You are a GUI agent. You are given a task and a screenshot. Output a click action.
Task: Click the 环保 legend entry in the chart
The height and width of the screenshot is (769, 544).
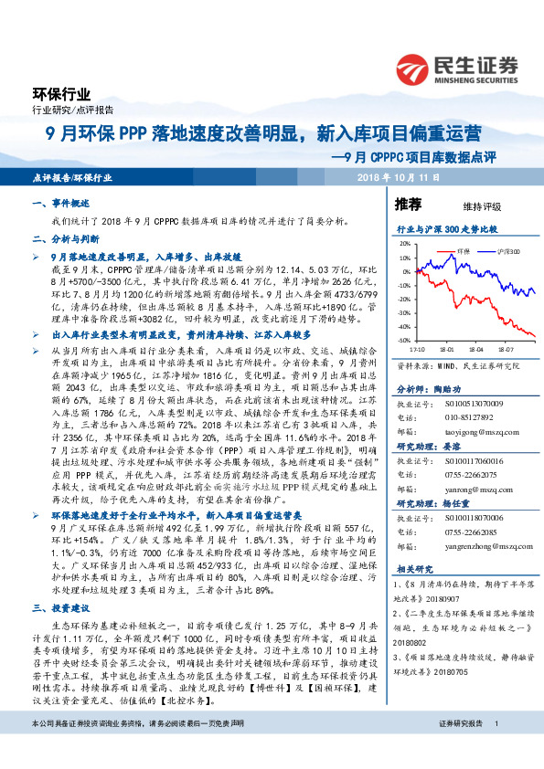462,249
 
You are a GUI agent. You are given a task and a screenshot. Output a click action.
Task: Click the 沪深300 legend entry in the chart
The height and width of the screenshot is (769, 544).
507,249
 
